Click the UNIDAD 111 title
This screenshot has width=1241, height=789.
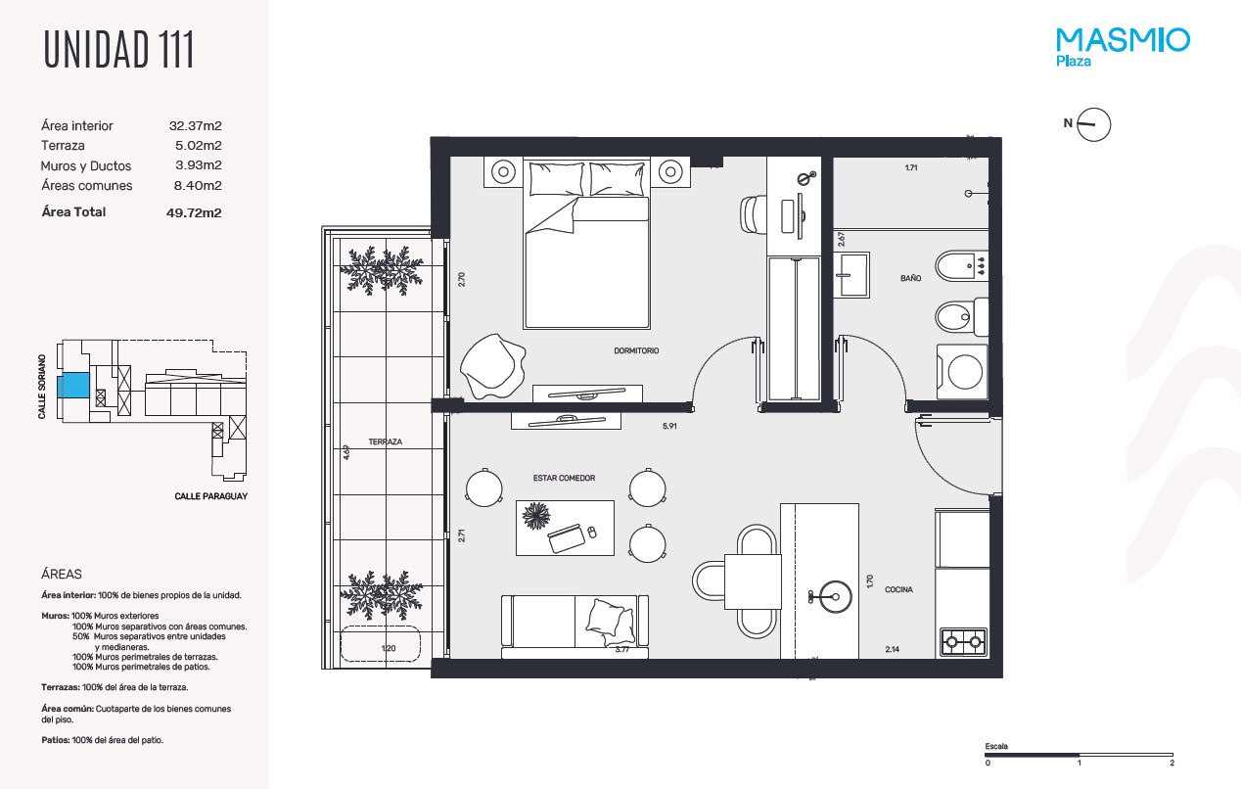(118, 49)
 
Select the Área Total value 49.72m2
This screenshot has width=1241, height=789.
(194, 212)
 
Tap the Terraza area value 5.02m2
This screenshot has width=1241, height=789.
(199, 145)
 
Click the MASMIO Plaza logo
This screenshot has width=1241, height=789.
(1123, 48)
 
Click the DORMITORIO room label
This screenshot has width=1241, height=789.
(636, 350)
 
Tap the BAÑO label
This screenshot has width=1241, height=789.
(911, 278)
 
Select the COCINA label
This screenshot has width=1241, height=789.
(898, 589)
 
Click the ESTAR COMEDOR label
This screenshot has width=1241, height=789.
(564, 478)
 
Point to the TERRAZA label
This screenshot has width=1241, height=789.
(385, 441)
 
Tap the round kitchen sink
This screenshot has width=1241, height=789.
(835, 596)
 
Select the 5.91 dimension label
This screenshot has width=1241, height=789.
(669, 426)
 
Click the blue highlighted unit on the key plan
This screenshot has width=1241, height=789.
(73, 385)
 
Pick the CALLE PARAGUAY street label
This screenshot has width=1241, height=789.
(211, 496)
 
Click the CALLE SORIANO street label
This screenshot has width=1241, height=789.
(42, 387)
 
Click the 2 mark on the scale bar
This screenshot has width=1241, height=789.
(1172, 763)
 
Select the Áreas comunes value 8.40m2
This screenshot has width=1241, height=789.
(198, 186)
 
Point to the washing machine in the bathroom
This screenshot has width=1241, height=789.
(962, 371)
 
